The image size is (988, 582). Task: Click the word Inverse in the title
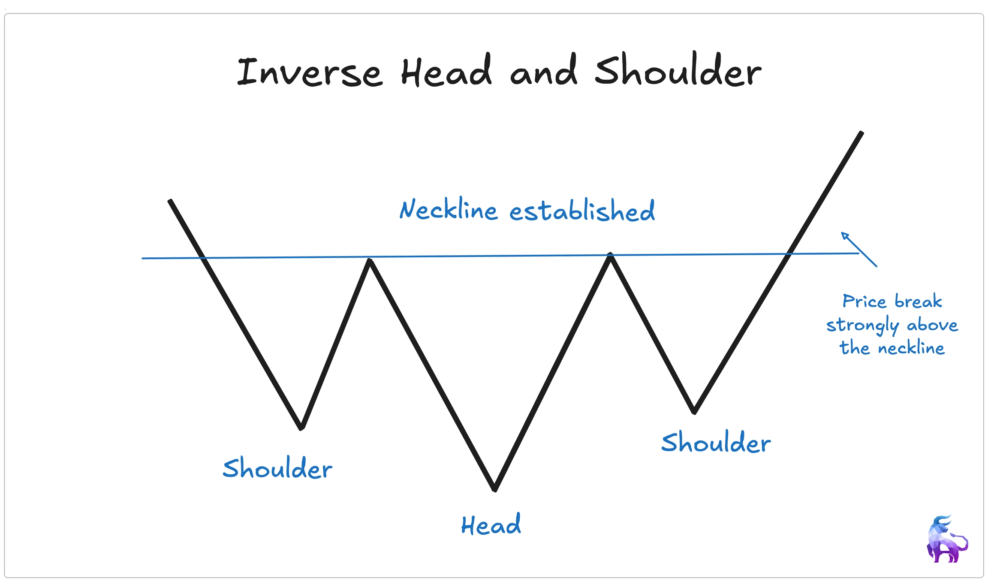tap(309, 72)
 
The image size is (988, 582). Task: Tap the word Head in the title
tap(446, 71)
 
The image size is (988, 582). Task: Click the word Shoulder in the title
tap(678, 70)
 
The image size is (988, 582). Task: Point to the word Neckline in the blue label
tap(448, 210)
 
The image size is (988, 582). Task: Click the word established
tap(582, 211)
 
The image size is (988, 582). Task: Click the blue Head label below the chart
tap(491, 525)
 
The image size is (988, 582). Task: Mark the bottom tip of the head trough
tap(494, 489)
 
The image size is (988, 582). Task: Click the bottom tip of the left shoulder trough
tap(301, 427)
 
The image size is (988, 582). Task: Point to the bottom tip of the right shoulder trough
tap(694, 412)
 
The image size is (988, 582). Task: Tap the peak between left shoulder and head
tap(370, 260)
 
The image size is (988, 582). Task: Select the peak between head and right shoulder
tap(610, 255)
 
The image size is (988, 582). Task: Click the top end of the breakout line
tap(861, 133)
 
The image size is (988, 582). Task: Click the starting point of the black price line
tap(170, 201)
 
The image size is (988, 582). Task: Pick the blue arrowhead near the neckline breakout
tap(844, 235)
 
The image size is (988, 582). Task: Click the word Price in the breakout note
tap(864, 301)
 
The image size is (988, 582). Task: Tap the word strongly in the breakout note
tap(862, 326)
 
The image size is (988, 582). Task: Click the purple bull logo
tap(946, 540)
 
